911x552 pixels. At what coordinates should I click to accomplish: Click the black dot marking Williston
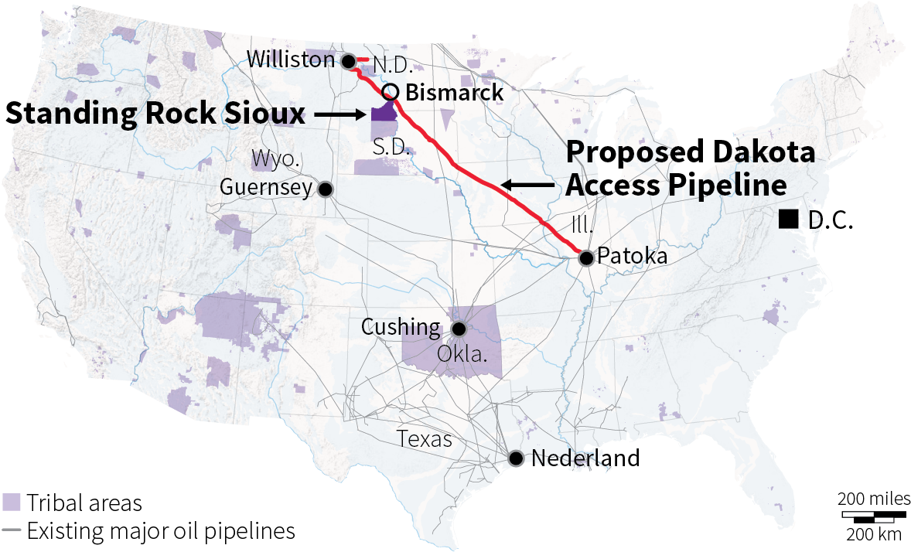click(x=349, y=61)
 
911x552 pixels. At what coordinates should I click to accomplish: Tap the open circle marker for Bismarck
click(x=391, y=92)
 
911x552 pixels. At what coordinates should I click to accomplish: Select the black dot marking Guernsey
click(x=326, y=189)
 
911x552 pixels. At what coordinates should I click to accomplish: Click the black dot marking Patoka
click(x=586, y=257)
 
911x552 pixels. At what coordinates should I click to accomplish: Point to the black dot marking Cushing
click(x=459, y=329)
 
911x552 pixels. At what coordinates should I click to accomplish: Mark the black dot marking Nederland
click(x=517, y=458)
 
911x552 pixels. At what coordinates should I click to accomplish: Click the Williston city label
click(x=292, y=60)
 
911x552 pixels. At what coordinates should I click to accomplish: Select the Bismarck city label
click(x=454, y=93)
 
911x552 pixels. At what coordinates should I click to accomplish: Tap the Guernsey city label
click(x=266, y=188)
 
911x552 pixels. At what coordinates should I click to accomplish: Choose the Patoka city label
click(x=633, y=257)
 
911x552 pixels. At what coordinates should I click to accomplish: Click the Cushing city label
click(x=401, y=327)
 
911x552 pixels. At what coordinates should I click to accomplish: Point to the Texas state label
click(x=425, y=439)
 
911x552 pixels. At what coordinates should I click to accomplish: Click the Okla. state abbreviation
click(x=462, y=354)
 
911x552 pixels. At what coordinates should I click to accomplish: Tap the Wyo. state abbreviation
click(x=276, y=160)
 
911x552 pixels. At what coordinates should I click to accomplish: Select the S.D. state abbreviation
click(x=391, y=147)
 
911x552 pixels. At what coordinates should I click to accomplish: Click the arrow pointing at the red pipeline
click(x=527, y=185)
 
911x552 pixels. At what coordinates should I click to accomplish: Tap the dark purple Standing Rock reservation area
click(x=383, y=113)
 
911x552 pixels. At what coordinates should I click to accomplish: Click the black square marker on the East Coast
click(x=789, y=220)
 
